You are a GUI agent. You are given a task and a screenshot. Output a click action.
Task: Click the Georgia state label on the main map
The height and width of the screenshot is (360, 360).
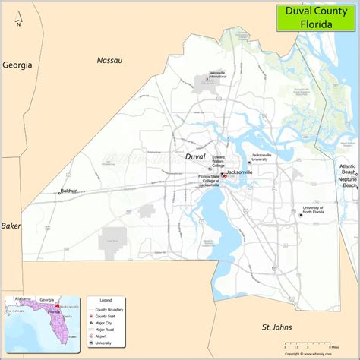17,65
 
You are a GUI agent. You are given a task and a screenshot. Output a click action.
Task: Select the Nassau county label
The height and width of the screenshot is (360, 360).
109,59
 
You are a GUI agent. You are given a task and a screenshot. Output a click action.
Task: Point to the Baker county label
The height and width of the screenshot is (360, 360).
11,226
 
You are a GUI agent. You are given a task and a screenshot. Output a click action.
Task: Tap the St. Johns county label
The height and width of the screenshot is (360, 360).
276,327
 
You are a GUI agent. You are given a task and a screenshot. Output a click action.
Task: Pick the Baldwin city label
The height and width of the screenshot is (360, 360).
71,191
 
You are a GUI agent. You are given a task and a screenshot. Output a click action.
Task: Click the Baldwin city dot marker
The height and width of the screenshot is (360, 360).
59,193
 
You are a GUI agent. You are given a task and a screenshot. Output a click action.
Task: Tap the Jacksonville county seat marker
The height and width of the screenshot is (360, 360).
223,174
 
